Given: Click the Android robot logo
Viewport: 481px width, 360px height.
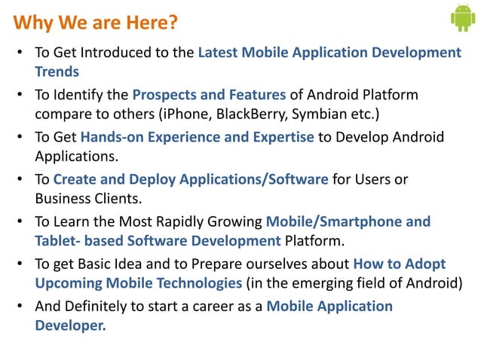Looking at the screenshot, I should pos(462,18).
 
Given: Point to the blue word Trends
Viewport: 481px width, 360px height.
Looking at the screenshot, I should pos(57,72).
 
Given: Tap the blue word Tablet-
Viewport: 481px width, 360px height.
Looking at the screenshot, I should pos(58,241).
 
